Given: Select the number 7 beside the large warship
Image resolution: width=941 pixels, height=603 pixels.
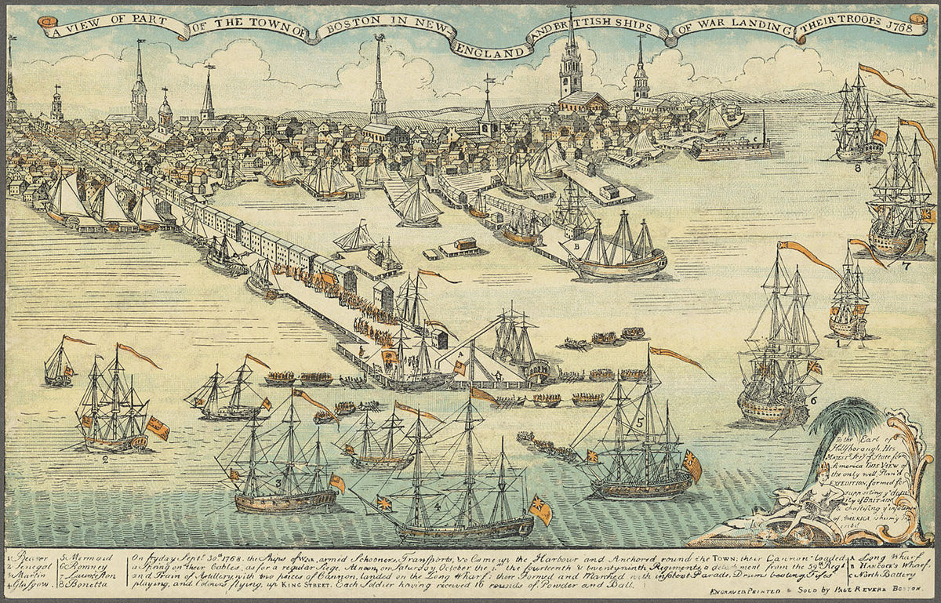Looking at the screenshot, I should click(906, 265).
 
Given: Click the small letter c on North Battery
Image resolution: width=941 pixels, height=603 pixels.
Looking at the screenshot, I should click(754, 140).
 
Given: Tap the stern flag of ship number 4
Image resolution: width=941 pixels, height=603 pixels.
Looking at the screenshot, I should click(540, 510).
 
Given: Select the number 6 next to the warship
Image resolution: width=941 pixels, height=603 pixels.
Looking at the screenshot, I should click(814, 400).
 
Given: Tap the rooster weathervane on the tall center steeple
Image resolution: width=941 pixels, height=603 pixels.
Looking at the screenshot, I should click(378, 36).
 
